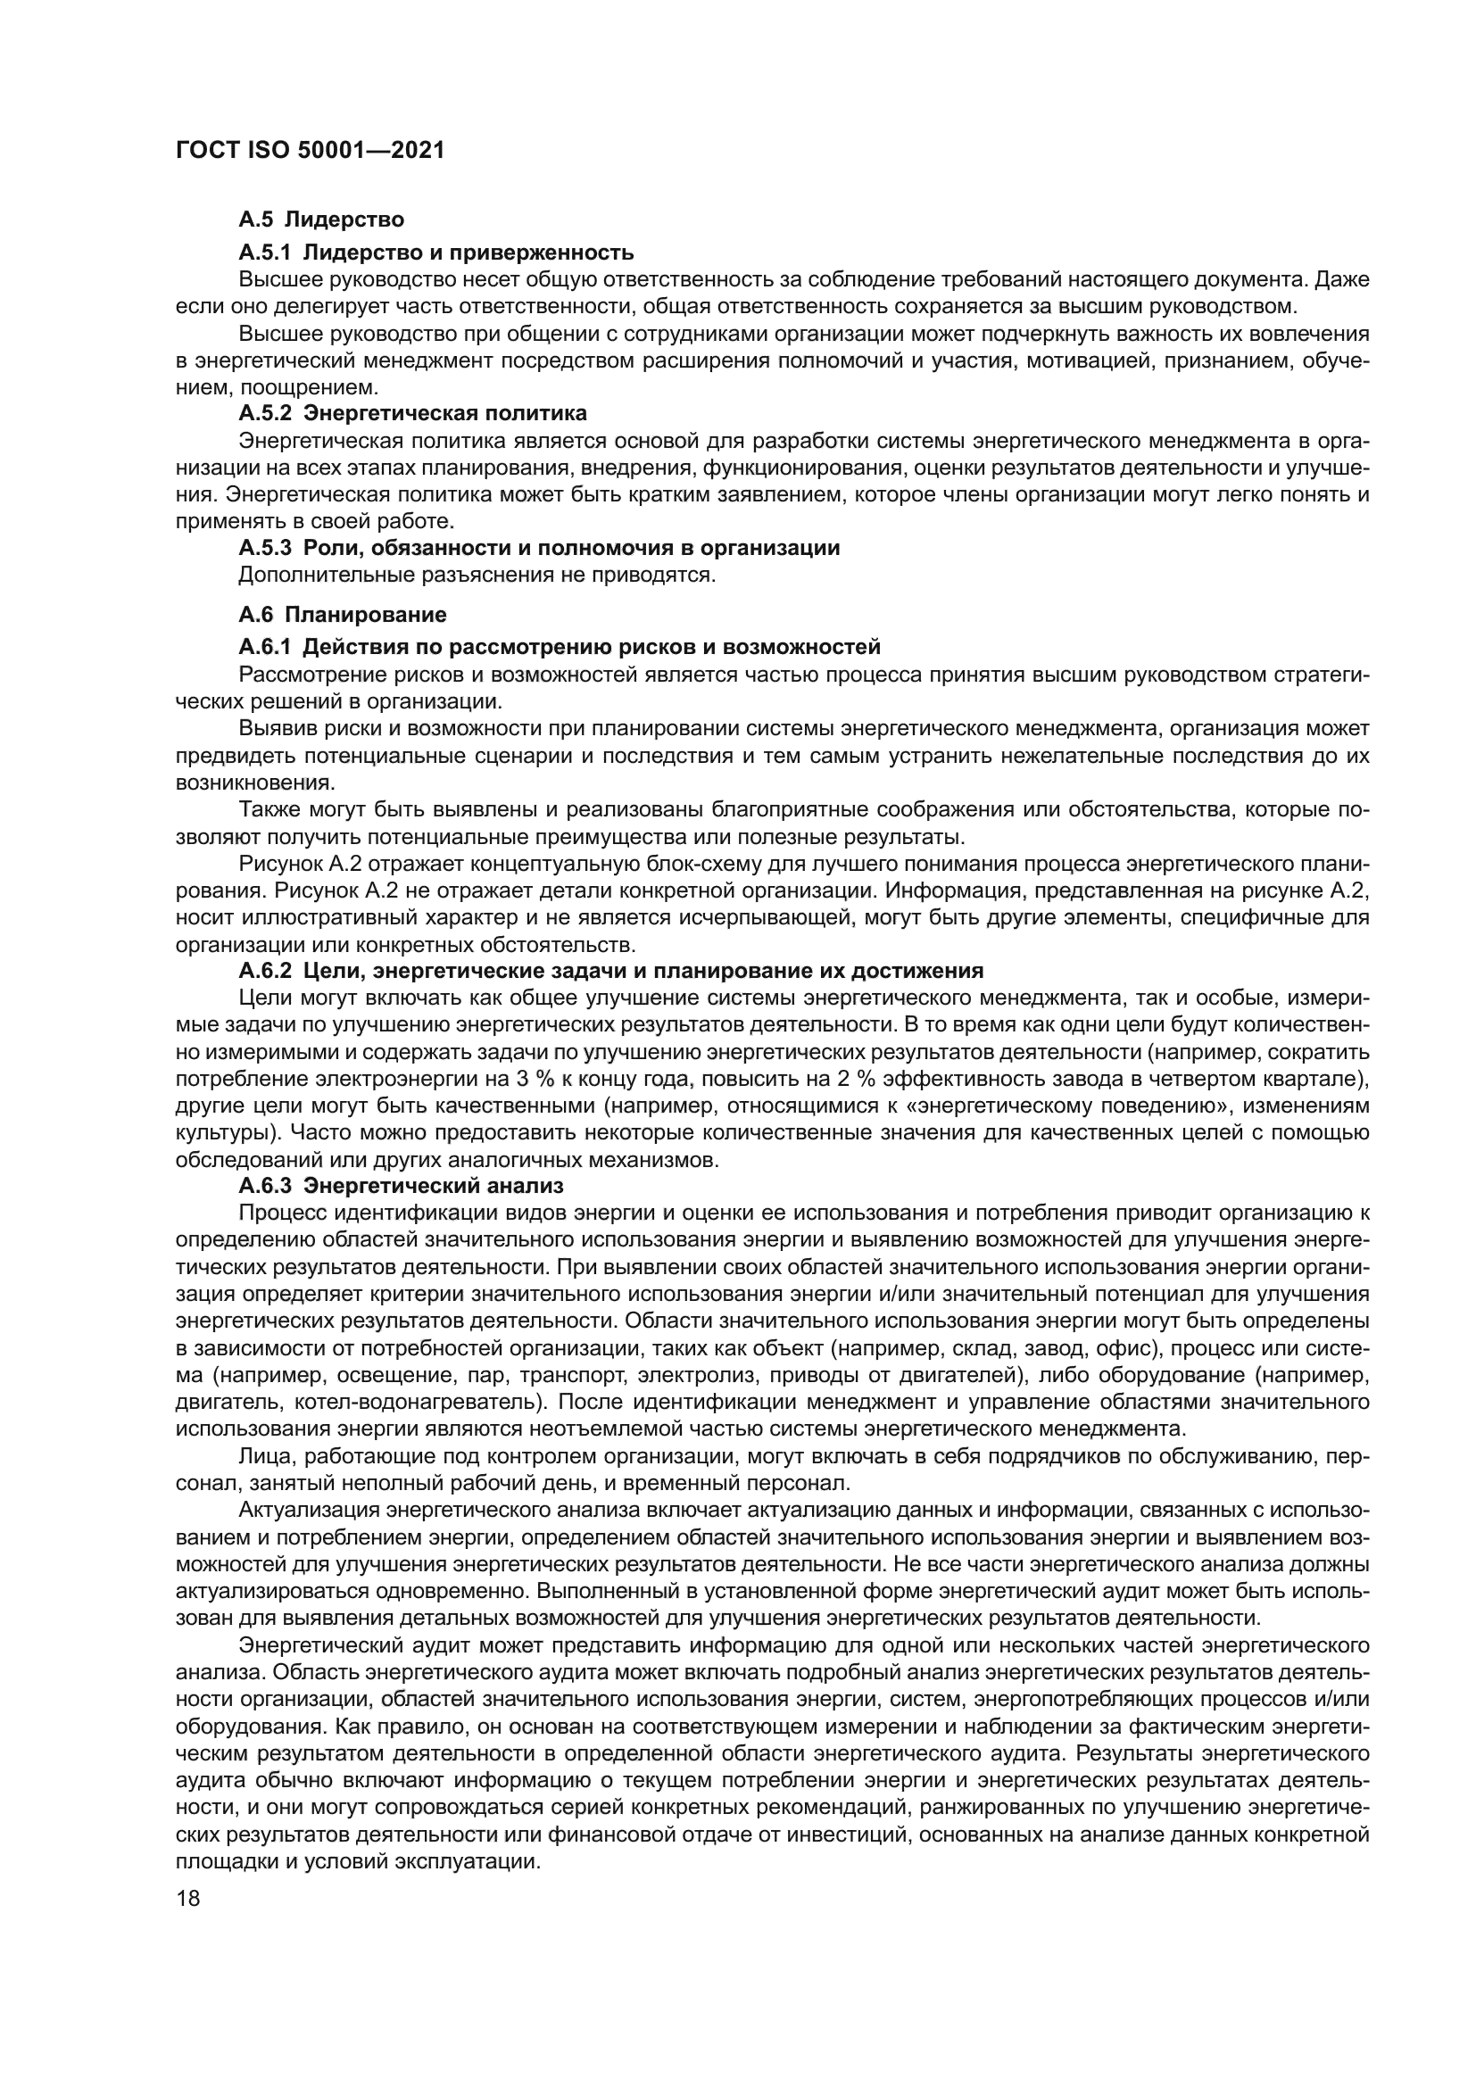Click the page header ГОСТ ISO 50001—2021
coord(309,151)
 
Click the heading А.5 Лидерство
coord(321,219)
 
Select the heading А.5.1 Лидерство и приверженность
coord(436,252)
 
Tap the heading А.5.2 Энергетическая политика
coord(412,414)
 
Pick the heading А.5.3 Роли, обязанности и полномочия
coord(539,548)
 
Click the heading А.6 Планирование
coord(343,615)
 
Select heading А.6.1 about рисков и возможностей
coord(559,647)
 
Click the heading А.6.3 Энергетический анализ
coord(401,1186)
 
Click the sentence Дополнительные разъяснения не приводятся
coord(477,576)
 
